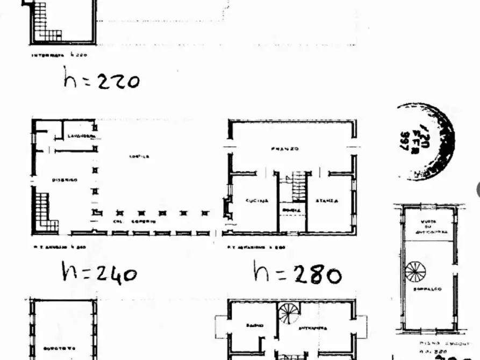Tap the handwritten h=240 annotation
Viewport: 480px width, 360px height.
pos(99,272)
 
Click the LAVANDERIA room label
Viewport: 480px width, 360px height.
pos(81,137)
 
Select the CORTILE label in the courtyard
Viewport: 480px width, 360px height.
pos(139,156)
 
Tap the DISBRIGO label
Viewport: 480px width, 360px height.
pos(65,179)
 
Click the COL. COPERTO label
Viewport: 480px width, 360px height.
pos(134,221)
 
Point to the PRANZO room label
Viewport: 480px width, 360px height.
pos(285,148)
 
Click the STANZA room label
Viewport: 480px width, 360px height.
pos(327,200)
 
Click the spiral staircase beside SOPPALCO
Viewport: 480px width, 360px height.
pos(415,271)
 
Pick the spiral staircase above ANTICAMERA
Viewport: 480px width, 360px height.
pos(290,313)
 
